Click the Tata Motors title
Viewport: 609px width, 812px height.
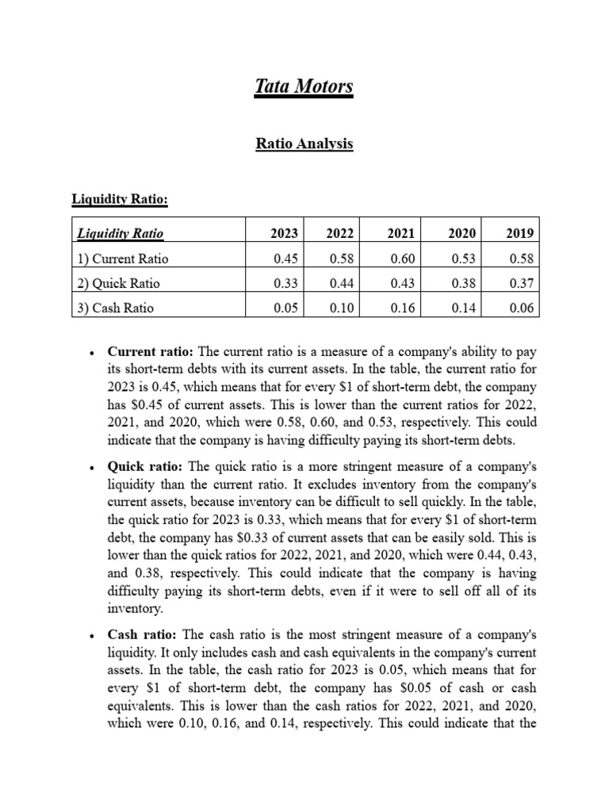coord(304,86)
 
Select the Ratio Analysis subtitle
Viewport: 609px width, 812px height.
coord(304,144)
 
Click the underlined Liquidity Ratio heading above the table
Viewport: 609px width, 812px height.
coord(121,199)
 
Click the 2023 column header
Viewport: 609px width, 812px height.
coord(284,233)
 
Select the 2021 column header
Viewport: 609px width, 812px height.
coord(400,233)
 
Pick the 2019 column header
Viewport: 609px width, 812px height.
coord(520,233)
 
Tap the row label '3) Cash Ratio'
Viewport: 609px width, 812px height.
coord(116,308)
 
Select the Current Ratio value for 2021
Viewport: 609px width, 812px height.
coord(402,259)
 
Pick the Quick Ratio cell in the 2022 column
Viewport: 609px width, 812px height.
coord(343,283)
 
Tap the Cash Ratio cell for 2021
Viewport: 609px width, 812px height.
coord(402,308)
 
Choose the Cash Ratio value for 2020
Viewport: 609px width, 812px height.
coord(462,308)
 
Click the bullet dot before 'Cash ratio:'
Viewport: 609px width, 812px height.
coord(93,637)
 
